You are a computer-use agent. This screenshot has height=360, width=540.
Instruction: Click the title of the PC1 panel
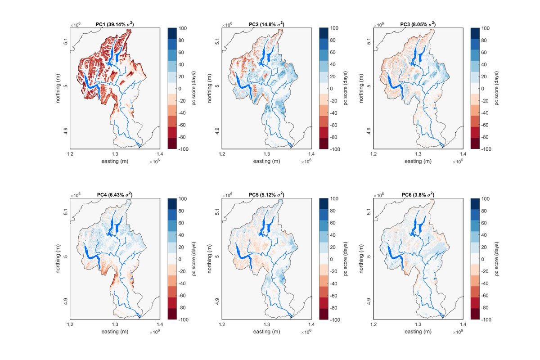point(115,24)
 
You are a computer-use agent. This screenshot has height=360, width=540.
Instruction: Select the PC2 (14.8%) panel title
point(266,24)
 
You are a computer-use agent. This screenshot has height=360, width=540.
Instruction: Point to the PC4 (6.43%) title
point(115,194)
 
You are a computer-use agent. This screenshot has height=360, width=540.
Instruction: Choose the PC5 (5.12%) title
point(266,194)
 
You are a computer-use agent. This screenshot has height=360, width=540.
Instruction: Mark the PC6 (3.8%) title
point(418,194)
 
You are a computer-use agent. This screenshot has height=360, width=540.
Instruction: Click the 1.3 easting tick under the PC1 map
point(115,154)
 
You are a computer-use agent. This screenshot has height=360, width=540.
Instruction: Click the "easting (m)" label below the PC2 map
point(267,161)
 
